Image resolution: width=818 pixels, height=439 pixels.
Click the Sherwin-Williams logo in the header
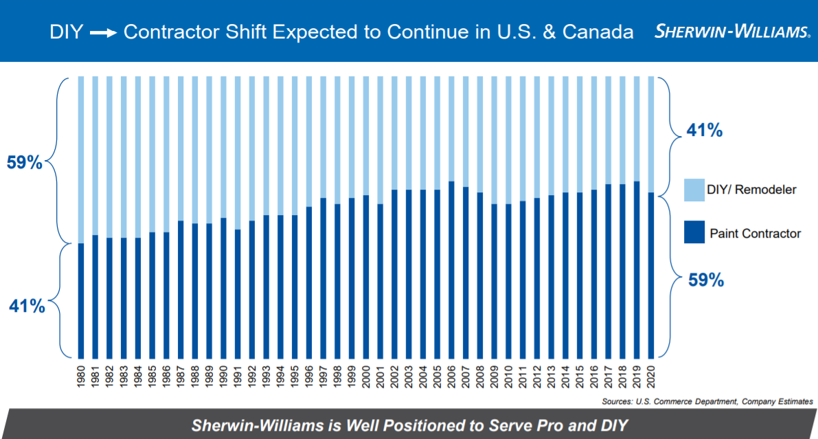coord(732,32)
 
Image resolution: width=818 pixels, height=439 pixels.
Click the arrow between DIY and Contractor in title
coord(103,32)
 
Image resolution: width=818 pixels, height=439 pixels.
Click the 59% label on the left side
coord(25,164)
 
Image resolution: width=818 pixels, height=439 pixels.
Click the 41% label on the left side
coord(27,306)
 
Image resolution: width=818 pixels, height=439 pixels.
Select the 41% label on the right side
coord(704,131)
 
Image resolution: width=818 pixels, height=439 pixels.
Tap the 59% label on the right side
coord(706,280)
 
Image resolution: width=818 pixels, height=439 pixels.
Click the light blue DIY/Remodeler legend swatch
coord(694,190)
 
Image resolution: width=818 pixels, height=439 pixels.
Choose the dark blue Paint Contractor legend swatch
coord(694,234)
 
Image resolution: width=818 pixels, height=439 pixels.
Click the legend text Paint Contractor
coord(755,234)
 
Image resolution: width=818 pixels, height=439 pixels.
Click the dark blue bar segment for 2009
coord(493,281)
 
